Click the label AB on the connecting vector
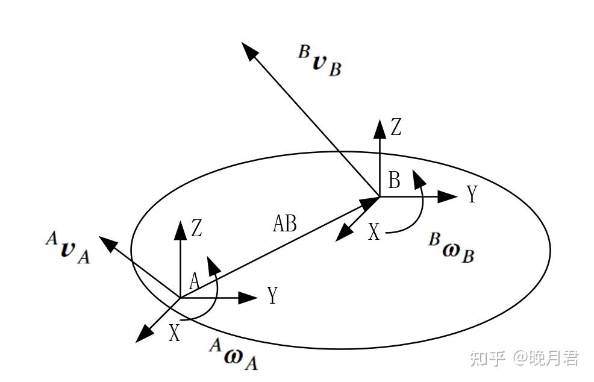click(285, 224)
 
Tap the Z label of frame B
click(396, 128)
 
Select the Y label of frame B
click(472, 195)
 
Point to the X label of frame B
click(374, 232)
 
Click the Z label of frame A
click(196, 228)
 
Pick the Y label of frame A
click(272, 296)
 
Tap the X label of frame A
click(174, 333)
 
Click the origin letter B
click(394, 180)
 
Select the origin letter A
click(194, 281)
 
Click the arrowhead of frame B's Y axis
click(448, 196)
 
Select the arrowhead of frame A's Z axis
click(180, 228)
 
